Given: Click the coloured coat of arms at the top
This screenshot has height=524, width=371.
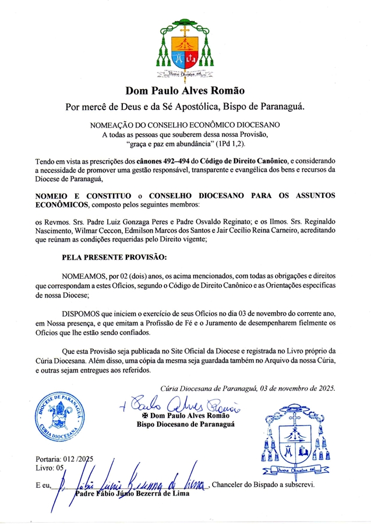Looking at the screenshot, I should click(185, 50).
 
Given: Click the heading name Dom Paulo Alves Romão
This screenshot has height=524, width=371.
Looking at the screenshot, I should click(185, 90).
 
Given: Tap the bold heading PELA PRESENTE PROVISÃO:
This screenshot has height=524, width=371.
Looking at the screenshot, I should click(115, 257).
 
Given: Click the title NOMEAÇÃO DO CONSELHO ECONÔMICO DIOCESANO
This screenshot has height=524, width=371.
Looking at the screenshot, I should click(185, 125).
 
